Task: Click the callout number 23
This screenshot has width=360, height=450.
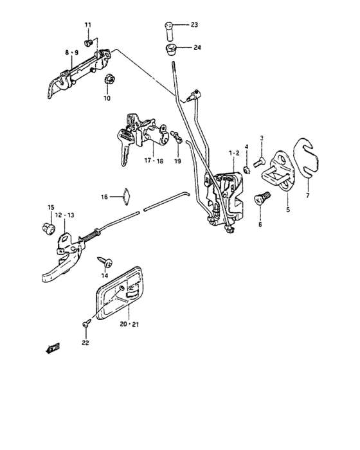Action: (x=194, y=24)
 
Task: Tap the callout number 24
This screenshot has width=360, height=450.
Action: (x=197, y=48)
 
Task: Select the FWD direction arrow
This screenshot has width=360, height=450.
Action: (x=53, y=348)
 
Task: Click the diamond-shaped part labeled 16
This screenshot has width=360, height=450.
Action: (x=126, y=197)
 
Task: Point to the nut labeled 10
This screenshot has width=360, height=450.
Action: (x=109, y=79)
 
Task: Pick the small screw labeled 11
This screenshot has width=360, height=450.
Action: (x=88, y=43)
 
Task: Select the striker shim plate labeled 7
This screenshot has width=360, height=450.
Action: (x=306, y=158)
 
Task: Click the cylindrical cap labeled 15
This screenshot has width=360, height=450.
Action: (x=48, y=229)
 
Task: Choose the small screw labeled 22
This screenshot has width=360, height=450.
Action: (x=86, y=324)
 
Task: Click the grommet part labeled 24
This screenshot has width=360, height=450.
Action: (x=172, y=50)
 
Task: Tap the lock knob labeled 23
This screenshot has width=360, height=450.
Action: (x=170, y=31)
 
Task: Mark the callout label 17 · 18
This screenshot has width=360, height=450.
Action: (x=153, y=161)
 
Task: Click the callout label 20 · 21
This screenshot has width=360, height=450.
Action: (x=129, y=324)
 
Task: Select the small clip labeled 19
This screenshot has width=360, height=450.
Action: (x=176, y=136)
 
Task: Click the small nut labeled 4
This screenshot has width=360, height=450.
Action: (x=247, y=170)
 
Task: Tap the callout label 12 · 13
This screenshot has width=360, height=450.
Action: (x=64, y=215)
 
